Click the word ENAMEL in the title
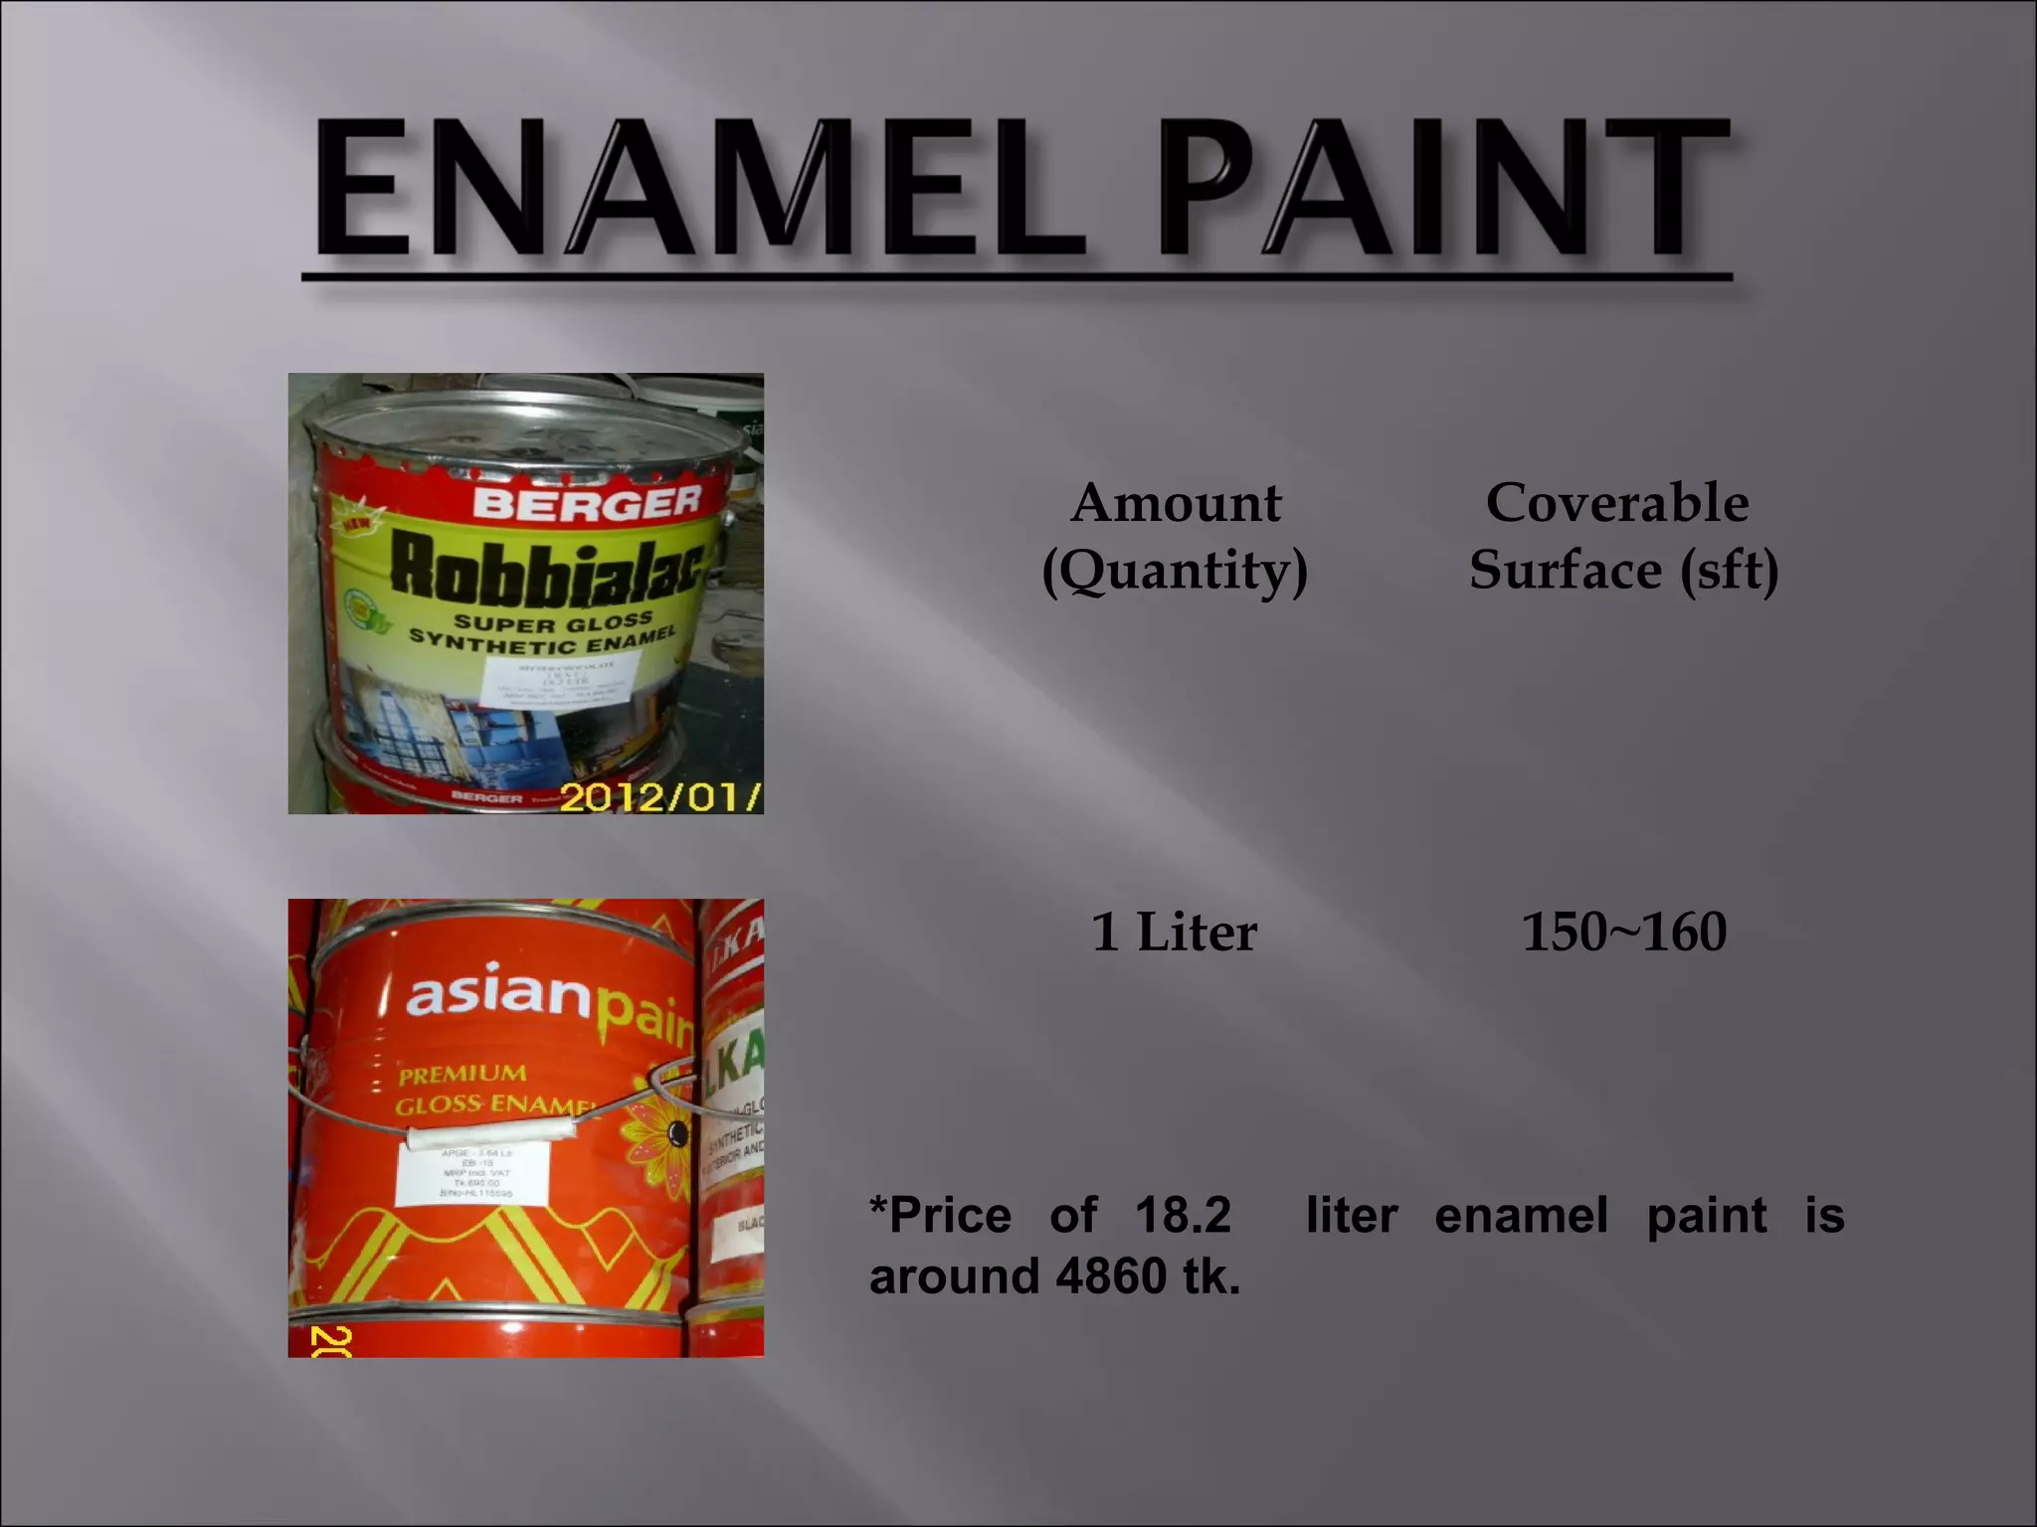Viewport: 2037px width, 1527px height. (696, 189)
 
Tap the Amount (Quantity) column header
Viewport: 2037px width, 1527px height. (1175, 537)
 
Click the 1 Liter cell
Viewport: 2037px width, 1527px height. (1174, 933)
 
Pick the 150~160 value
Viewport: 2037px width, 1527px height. (1623, 933)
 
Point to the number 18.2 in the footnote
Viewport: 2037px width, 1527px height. (1183, 1216)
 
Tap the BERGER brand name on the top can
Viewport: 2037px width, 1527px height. (587, 502)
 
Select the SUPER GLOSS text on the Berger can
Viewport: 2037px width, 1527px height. (553, 623)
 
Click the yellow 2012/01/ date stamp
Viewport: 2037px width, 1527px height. (659, 797)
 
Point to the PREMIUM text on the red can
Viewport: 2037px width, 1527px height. (463, 1075)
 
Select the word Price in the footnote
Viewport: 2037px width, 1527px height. (951, 1216)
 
